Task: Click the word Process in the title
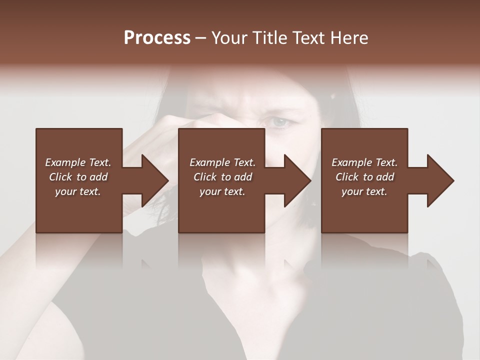(157, 38)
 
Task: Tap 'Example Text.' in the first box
(78, 162)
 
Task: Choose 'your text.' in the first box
(78, 191)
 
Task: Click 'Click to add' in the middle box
(222, 177)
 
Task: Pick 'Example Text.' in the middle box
(222, 162)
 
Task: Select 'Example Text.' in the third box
(364, 162)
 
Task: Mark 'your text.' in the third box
(364, 191)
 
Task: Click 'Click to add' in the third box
(364, 177)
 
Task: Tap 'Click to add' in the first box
(78, 177)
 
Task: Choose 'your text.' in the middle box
(222, 191)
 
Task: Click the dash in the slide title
(201, 38)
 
